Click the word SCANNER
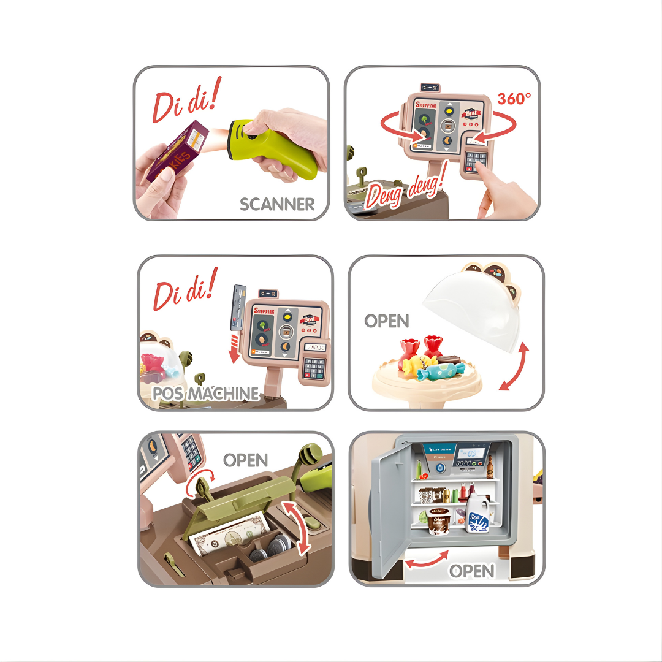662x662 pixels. point(277,204)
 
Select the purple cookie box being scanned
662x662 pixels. point(174,150)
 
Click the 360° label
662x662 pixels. point(514,98)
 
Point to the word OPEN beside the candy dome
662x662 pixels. point(386,321)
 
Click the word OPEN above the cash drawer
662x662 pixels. point(245,460)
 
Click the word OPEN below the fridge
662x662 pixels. point(472,571)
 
